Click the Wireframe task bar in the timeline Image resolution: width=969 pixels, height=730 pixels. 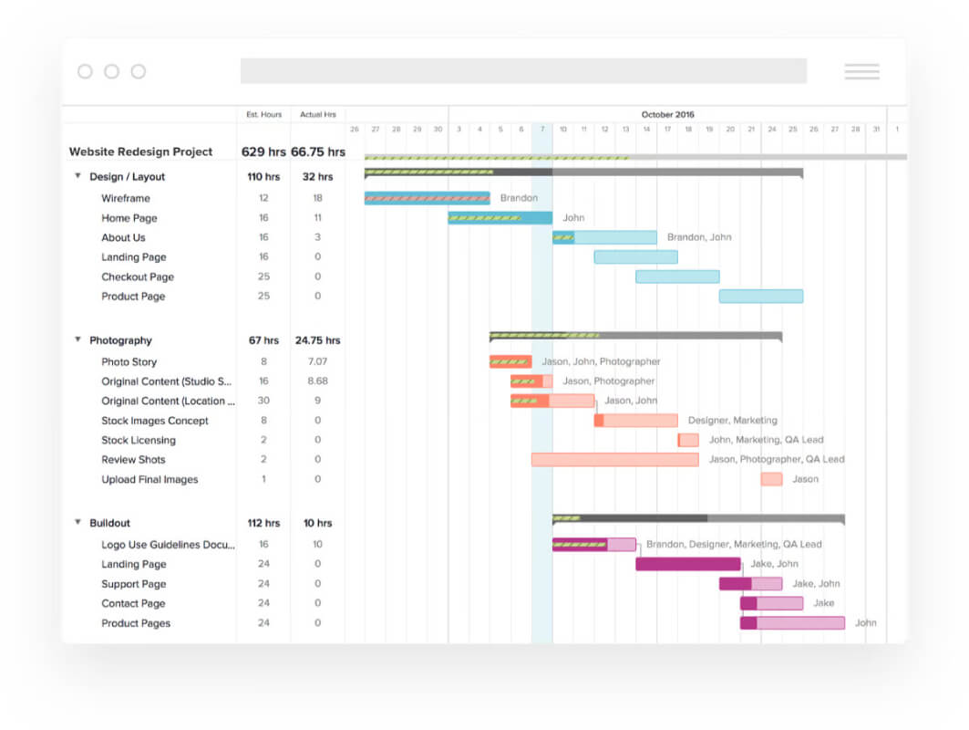coord(427,198)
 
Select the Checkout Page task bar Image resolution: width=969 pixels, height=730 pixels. coord(677,276)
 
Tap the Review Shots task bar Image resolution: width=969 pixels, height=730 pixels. coord(615,459)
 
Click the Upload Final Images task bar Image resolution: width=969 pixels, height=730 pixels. coord(771,479)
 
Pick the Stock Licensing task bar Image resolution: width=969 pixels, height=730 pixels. coord(688,440)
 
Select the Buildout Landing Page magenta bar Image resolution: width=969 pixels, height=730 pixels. coord(688,564)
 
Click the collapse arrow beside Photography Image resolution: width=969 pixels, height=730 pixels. coord(77,339)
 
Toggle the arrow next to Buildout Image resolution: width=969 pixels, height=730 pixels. coord(77,522)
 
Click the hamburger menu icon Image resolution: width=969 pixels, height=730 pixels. coord(862,71)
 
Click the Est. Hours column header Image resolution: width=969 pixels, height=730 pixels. coord(263,114)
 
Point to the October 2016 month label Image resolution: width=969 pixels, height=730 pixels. coord(667,114)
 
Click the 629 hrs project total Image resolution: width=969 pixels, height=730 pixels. coord(263,151)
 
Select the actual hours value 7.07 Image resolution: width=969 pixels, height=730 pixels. coord(317,361)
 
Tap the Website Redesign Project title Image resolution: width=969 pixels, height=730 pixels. coord(141,151)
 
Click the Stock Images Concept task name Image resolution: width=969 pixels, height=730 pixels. coord(155,421)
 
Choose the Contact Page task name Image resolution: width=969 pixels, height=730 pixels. coord(133,603)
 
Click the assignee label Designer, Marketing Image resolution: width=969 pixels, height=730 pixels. coord(732,420)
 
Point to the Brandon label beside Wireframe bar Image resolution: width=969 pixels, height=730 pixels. coord(519,198)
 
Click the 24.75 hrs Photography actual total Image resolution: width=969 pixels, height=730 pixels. coord(317,340)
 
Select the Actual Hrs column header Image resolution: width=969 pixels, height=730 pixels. coord(317,114)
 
